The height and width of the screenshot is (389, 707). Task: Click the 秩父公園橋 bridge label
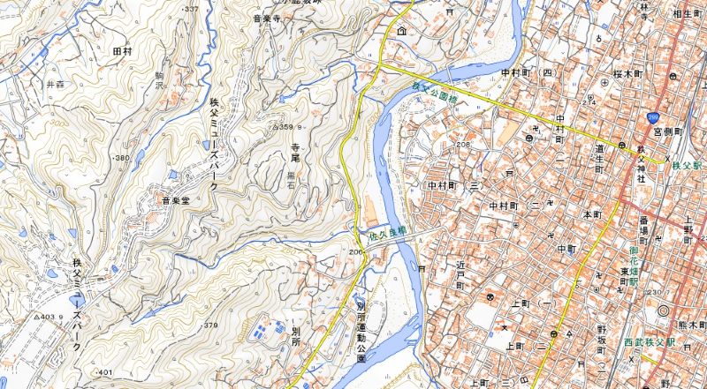pos(437,94)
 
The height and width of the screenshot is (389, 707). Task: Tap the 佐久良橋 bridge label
pos(389,233)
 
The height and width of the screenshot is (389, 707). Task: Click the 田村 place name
pos(122,52)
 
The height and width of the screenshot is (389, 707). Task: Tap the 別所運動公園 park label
pos(361,332)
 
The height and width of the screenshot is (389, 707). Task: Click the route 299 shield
pos(653,115)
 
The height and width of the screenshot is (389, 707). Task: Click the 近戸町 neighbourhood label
pos(460,276)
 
